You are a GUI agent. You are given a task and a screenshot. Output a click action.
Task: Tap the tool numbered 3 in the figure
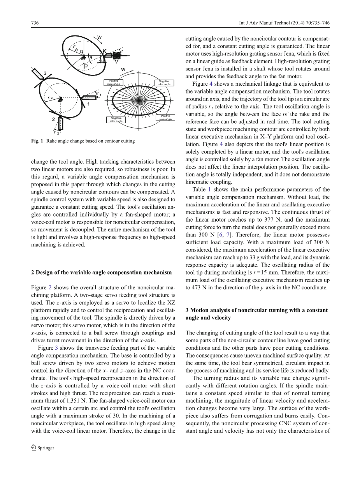coord(39,74)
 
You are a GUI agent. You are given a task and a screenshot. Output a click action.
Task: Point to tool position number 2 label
coord(53,120)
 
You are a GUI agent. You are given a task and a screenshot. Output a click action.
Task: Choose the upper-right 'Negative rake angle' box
coord(164,83)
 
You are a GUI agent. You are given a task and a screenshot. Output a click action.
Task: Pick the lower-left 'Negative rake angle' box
coord(116,120)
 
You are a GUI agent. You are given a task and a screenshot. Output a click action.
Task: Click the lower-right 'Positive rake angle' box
coord(165,118)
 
